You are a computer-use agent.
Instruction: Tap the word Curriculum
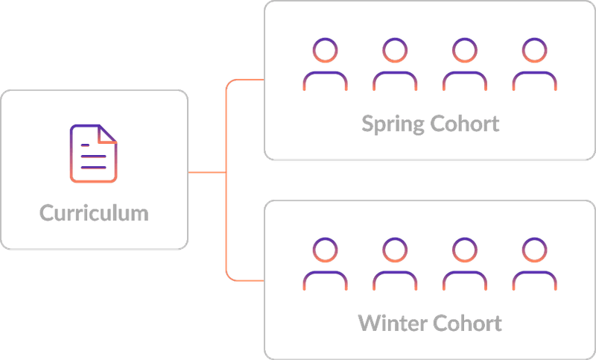[94, 213]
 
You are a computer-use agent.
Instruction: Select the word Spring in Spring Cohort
[393, 124]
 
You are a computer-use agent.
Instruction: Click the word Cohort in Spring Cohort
[464, 123]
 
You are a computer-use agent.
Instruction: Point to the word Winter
[393, 323]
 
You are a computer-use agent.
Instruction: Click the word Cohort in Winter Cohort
[467, 323]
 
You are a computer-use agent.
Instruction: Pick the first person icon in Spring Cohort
[325, 64]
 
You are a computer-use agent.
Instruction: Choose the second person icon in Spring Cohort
[395, 64]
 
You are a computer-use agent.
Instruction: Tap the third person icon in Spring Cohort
[465, 64]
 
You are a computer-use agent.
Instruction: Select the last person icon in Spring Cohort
[534, 64]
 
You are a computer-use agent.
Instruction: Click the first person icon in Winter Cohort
[325, 264]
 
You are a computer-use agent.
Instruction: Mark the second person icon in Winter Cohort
[395, 264]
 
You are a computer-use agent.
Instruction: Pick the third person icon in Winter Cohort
[465, 264]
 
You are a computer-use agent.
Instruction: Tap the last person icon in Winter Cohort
[534, 264]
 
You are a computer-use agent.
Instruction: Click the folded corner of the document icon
[107, 134]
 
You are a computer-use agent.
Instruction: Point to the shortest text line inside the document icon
[85, 145]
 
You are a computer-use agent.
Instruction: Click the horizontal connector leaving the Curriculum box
[207, 173]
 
